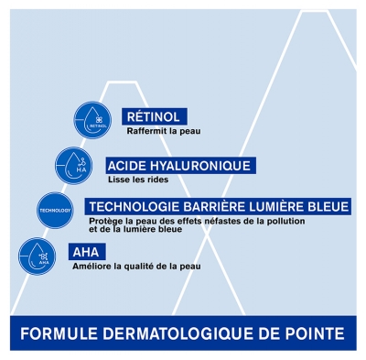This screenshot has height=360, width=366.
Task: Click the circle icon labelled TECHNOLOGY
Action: (53, 209)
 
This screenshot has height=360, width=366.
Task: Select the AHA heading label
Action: (87, 251)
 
